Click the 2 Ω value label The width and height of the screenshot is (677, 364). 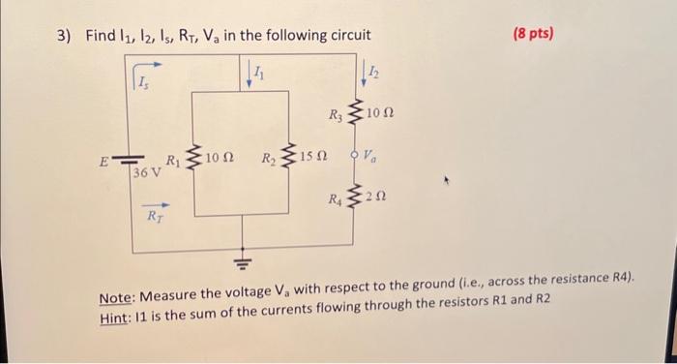click(x=378, y=199)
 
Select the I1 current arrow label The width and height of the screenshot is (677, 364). click(x=258, y=71)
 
